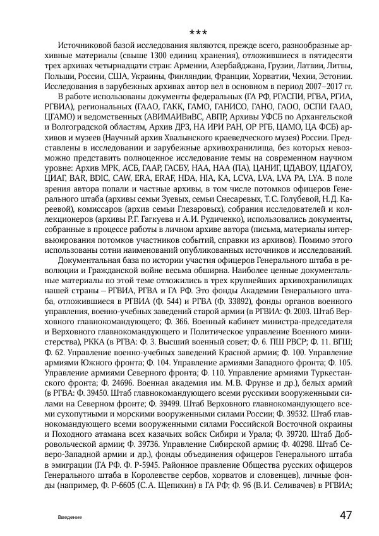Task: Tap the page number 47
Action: pos(346,515)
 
